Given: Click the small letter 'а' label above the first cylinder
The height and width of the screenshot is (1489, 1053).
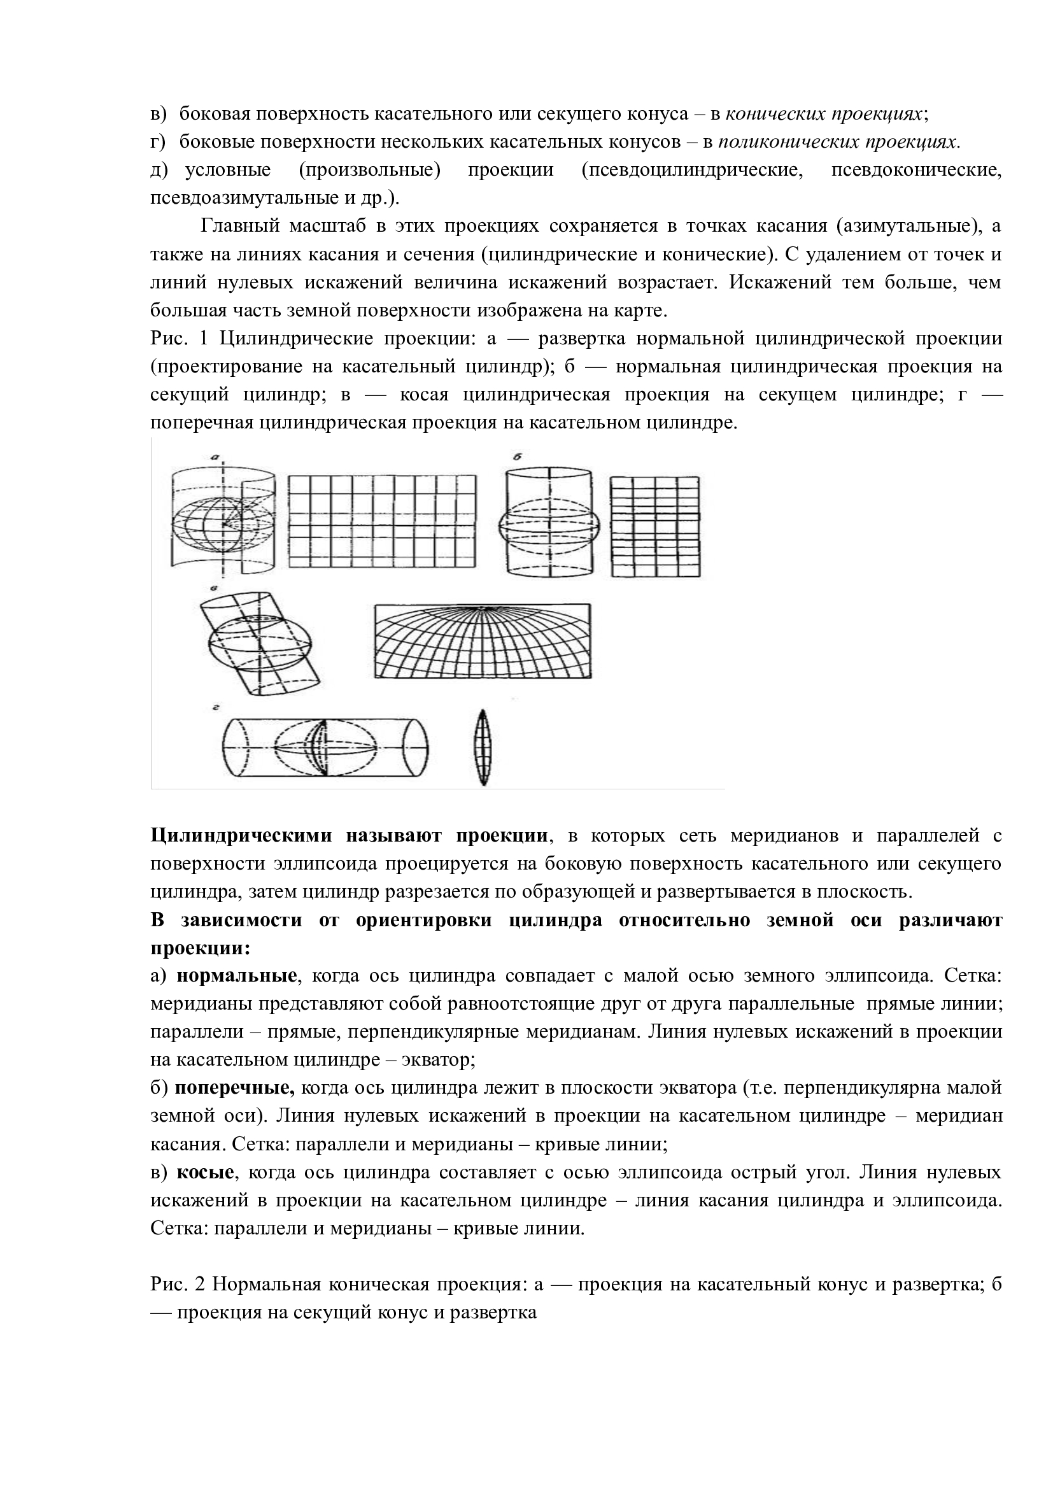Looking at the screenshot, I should click(213, 458).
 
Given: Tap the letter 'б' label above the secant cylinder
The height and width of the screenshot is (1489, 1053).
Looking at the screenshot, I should click(518, 456).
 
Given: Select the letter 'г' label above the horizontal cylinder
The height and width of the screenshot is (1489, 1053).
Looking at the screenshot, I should click(213, 709).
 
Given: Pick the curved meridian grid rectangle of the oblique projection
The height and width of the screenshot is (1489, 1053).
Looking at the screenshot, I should click(483, 642).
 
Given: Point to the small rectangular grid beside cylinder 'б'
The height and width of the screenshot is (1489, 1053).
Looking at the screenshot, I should click(656, 526).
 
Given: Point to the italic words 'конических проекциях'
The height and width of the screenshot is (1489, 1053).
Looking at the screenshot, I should click(823, 114).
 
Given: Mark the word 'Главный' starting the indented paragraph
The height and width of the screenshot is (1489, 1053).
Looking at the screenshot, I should click(240, 227).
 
